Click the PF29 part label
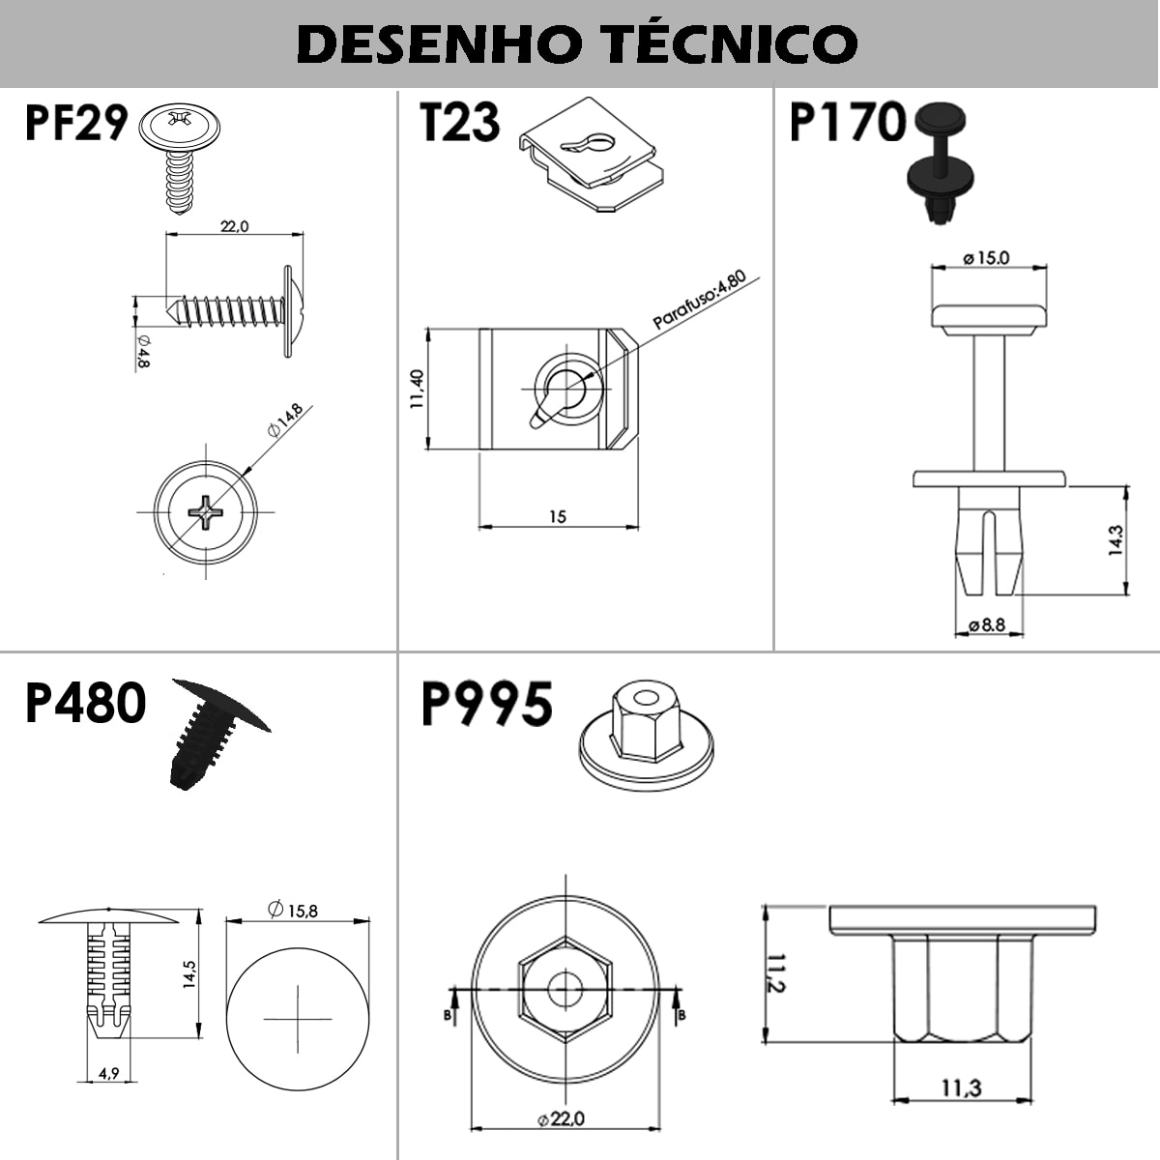[x=76, y=123]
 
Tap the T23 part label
[x=460, y=122]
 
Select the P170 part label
[x=848, y=122]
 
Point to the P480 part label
[x=85, y=703]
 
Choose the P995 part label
[x=486, y=704]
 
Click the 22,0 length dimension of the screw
[x=234, y=226]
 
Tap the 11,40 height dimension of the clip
[x=418, y=390]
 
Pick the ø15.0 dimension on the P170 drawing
[x=986, y=258]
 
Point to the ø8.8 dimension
[x=987, y=624]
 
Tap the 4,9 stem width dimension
[x=109, y=1073]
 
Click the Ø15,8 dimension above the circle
[x=293, y=910]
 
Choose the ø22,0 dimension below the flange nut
[x=561, y=1119]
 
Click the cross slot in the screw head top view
[x=206, y=512]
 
